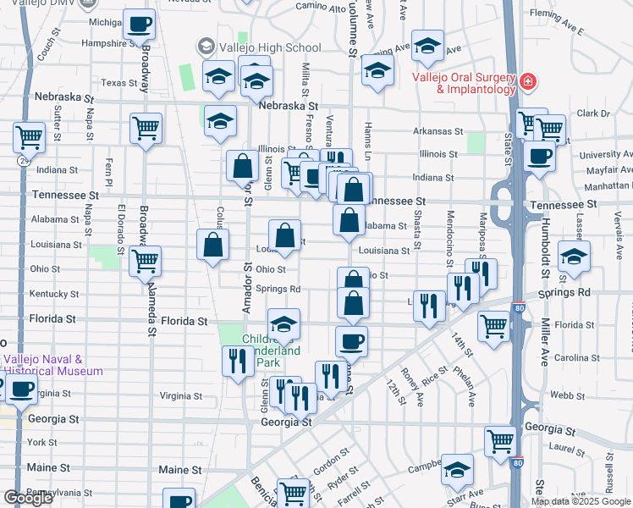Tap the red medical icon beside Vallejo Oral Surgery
pyautogui.click(x=528, y=82)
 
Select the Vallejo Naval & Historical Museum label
pyautogui.click(x=52, y=365)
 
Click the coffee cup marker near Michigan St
pyautogui.click(x=139, y=25)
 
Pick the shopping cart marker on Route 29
pyautogui.click(x=30, y=136)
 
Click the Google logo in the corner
pyautogui.click(x=28, y=498)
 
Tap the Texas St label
pyautogui.click(x=118, y=83)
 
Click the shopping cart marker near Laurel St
pyautogui.click(x=500, y=441)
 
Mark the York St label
pyautogui.click(x=41, y=442)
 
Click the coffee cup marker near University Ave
pyautogui.click(x=539, y=156)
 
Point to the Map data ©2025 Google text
pyautogui.click(x=581, y=501)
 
